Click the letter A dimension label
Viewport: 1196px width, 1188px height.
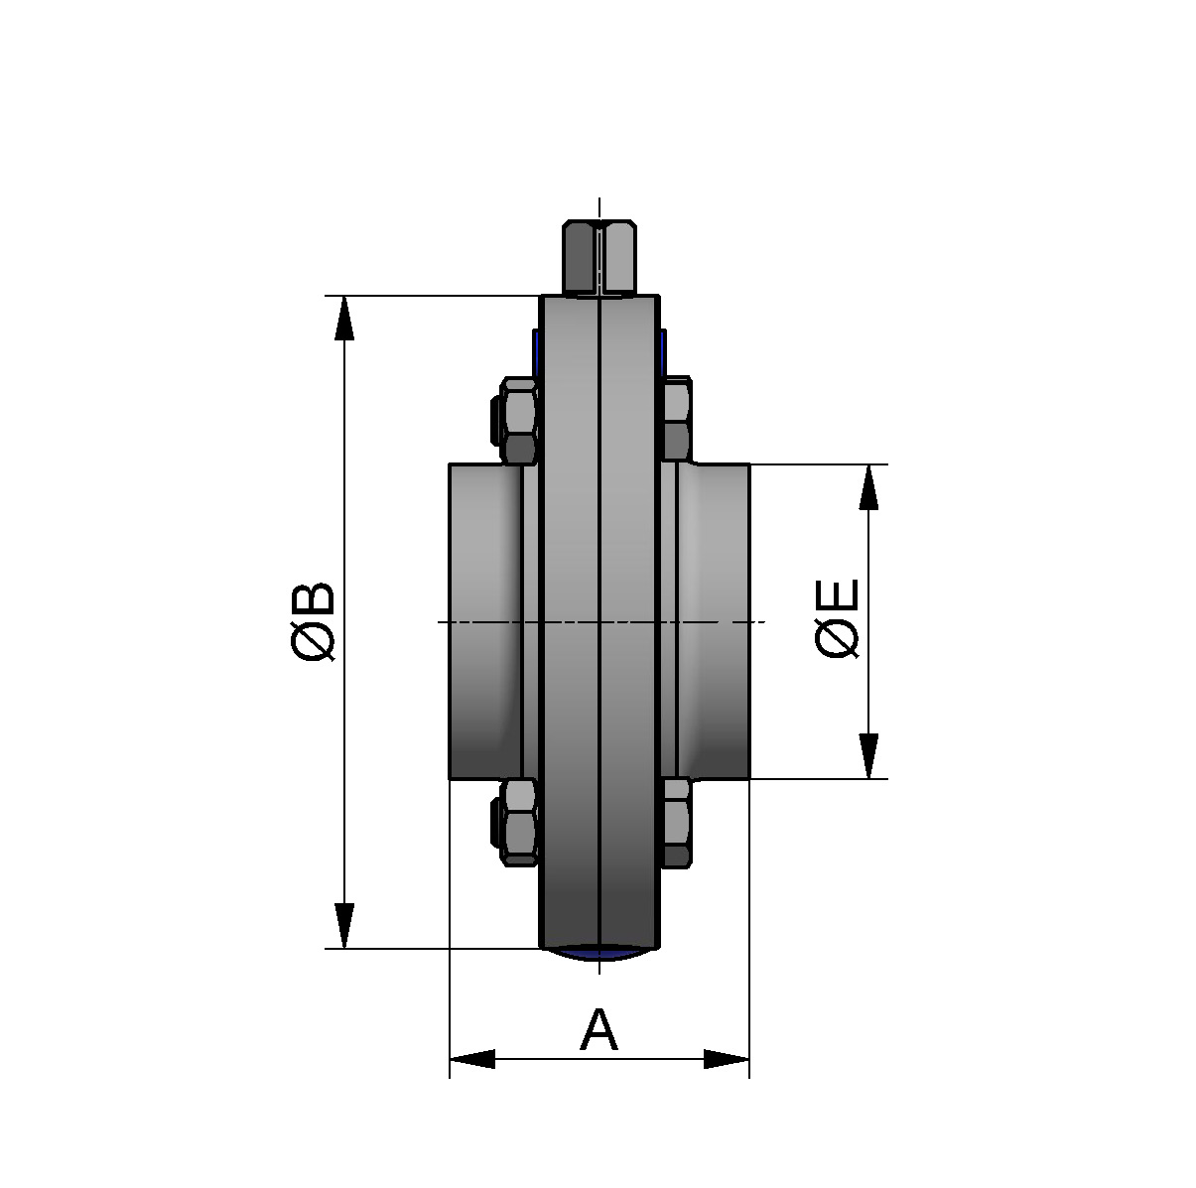(x=598, y=1030)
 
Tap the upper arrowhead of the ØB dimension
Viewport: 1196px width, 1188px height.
(x=344, y=318)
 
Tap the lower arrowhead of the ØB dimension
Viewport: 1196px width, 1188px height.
(x=344, y=926)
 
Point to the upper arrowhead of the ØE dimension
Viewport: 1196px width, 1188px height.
(x=868, y=486)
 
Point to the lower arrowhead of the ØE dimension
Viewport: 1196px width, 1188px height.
(x=868, y=756)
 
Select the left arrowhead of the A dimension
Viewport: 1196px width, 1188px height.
(x=472, y=1059)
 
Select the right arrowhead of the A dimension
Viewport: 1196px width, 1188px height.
(x=727, y=1059)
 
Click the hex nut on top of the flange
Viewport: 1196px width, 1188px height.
(x=598, y=258)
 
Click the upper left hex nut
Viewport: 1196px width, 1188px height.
(x=520, y=420)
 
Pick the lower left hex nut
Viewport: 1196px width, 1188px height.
(x=520, y=821)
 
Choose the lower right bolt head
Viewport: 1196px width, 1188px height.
(x=677, y=822)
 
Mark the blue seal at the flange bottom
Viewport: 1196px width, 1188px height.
(x=599, y=954)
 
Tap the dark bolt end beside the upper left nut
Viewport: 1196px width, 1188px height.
(x=496, y=420)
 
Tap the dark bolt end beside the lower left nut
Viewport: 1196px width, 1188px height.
(x=496, y=822)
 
